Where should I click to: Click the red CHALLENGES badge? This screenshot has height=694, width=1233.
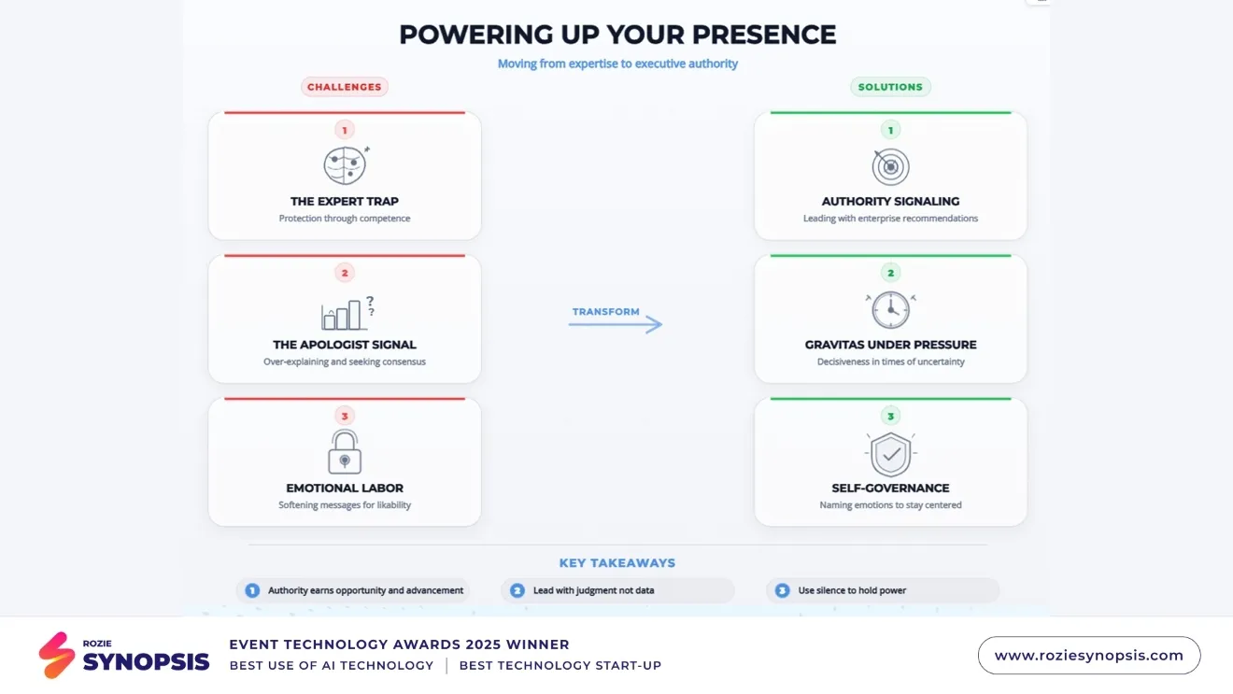coord(345,87)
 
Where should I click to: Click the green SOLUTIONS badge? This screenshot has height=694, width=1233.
coord(890,87)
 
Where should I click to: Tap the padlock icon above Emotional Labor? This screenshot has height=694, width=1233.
coord(345,451)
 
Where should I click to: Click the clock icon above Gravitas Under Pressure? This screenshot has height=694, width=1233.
coord(890,309)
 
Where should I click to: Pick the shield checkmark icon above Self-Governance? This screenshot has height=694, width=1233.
coord(890,454)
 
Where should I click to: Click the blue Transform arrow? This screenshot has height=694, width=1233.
coord(616,324)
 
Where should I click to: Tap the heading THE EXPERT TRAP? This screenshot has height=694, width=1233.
coord(345,201)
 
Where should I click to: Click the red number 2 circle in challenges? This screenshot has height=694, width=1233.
coord(345,273)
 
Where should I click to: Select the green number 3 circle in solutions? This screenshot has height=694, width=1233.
coord(890,416)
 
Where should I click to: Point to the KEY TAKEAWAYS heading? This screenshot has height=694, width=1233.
coord(616,563)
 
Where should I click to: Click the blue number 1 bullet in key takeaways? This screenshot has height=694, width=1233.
coord(252,590)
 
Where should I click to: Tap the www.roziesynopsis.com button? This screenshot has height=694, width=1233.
coord(1088,656)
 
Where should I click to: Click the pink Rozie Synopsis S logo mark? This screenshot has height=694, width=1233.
coord(57,655)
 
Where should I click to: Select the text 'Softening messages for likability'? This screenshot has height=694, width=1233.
coord(345,505)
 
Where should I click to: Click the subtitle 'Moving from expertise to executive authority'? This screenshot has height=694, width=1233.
coord(617,64)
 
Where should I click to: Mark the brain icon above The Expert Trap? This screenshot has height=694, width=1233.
coord(345,165)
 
